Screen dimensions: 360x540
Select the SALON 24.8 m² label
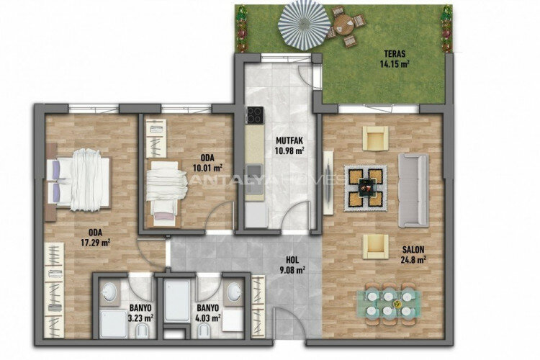[414, 256]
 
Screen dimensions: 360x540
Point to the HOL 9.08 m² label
[292, 266]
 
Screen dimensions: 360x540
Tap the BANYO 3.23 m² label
[140, 312]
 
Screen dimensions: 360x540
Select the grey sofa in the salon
[413, 189]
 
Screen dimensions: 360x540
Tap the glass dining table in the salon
[390, 302]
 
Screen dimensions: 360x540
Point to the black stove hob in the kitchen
[254, 115]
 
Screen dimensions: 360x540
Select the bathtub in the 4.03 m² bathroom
[176, 302]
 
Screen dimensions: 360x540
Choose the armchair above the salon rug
[375, 138]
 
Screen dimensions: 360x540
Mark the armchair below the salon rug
[375, 245]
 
